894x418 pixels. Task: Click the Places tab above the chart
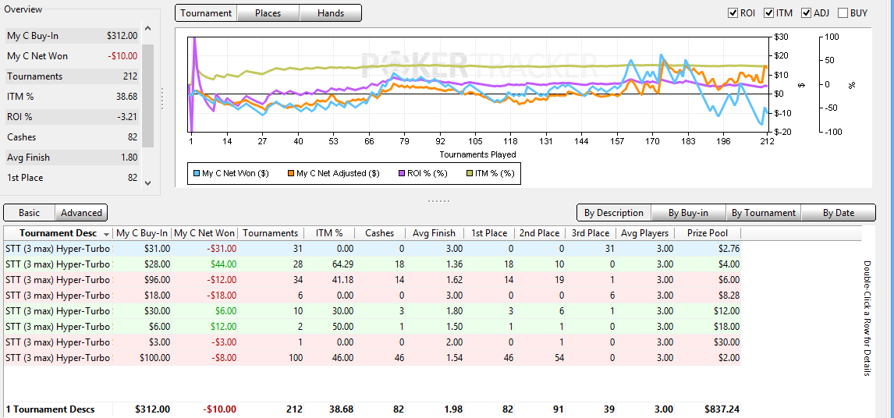pos(268,13)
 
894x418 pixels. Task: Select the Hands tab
pos(331,13)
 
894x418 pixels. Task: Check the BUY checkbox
pos(843,13)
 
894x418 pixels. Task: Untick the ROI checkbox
pos(733,13)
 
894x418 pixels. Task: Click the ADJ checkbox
pos(806,13)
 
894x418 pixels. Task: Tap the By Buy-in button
pos(688,213)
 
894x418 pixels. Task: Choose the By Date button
pos(839,213)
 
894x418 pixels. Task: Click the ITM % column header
pos(328,232)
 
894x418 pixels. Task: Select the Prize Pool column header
pos(707,232)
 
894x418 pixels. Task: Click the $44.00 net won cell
pos(223,264)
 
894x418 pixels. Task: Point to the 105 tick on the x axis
pos(475,141)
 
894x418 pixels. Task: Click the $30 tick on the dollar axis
pos(781,37)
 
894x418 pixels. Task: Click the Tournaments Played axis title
pos(477,154)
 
